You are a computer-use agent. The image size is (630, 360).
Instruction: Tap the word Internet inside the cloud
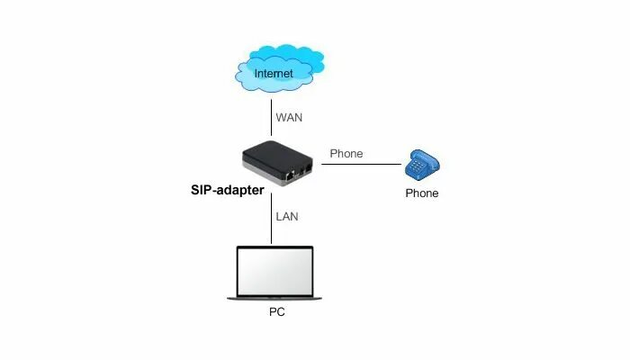tap(274, 72)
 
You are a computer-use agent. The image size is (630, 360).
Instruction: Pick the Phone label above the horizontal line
tap(346, 153)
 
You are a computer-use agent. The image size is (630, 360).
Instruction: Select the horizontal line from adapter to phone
tap(360, 165)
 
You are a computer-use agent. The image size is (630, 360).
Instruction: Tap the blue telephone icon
tap(422, 165)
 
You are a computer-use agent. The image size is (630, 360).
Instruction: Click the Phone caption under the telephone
tap(422, 193)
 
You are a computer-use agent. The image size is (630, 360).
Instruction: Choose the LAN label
tap(287, 217)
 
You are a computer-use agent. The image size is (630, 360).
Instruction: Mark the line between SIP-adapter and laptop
tap(272, 220)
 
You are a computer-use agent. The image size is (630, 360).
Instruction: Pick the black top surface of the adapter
tap(274, 151)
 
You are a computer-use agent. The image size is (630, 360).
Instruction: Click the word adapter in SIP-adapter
tap(241, 190)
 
